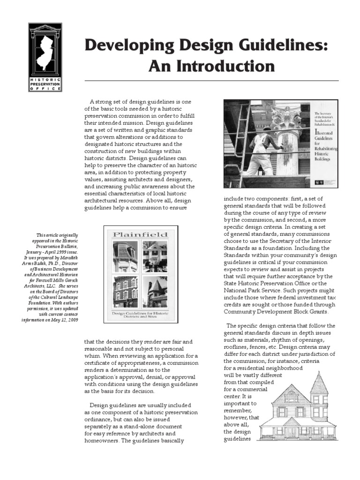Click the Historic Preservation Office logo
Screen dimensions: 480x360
[45, 56]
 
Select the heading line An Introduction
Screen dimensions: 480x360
[211, 66]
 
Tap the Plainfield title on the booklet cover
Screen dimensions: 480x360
[140, 233]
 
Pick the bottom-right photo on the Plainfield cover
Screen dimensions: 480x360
[155, 291]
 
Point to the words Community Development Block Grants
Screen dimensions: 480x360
[276, 312]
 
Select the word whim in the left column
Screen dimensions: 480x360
[92, 356]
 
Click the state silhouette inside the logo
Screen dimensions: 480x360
[45, 51]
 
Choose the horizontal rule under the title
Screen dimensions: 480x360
[211, 81]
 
